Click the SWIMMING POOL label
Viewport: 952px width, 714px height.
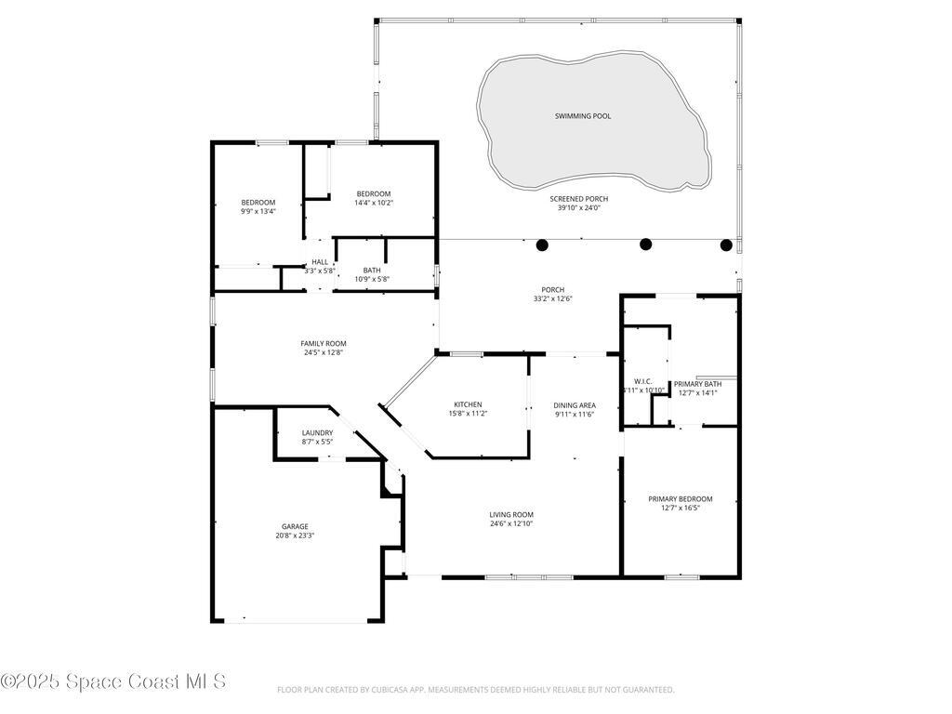(583, 116)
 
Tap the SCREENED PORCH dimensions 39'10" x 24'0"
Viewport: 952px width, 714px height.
(575, 208)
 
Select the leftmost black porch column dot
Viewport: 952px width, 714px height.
(542, 245)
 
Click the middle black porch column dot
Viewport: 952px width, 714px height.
(646, 245)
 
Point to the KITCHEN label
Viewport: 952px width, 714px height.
(468, 404)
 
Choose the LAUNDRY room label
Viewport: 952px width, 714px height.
(317, 433)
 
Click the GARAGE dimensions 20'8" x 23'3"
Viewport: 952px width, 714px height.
(295, 535)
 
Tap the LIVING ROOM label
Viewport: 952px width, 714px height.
(511, 514)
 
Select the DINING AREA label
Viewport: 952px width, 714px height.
(575, 405)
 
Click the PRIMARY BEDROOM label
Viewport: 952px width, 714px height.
(681, 499)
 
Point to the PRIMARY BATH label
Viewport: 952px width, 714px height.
(697, 383)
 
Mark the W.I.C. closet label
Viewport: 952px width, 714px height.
(642, 381)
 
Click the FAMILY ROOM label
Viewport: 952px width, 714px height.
(323, 343)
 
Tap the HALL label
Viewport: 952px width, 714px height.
(320, 262)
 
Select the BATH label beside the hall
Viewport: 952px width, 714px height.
(372, 270)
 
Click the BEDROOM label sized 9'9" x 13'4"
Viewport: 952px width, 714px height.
(258, 202)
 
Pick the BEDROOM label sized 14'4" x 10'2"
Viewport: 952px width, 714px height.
(373, 193)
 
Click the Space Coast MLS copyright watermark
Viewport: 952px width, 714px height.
(113, 681)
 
